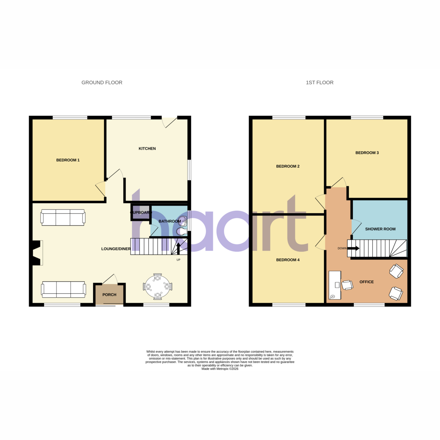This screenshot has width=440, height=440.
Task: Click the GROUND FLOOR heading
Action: [x=102, y=82]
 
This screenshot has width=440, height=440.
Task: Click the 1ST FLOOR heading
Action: [x=319, y=82]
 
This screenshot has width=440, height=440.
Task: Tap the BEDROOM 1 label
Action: [x=68, y=160]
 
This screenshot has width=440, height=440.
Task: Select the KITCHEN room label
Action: [x=147, y=148]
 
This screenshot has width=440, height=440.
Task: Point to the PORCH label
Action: [x=109, y=294]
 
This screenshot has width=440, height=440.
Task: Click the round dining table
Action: [x=158, y=287]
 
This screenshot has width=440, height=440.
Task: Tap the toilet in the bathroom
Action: [x=181, y=231]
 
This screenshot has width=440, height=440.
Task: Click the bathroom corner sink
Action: [x=183, y=220]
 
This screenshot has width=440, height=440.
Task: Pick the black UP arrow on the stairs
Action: [x=178, y=248]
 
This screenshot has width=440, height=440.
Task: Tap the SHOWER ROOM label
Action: [x=380, y=229]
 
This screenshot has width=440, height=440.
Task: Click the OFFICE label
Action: [x=366, y=282]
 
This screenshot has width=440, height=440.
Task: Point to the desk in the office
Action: [x=335, y=285]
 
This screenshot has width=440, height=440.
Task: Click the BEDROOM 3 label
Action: [x=367, y=153]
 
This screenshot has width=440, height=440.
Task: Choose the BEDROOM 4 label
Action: [x=288, y=260]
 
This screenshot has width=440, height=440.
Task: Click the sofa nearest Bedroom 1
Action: [x=63, y=217]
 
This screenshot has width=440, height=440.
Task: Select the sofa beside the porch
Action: [x=63, y=290]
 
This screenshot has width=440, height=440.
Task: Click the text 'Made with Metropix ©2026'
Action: [x=220, y=369]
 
